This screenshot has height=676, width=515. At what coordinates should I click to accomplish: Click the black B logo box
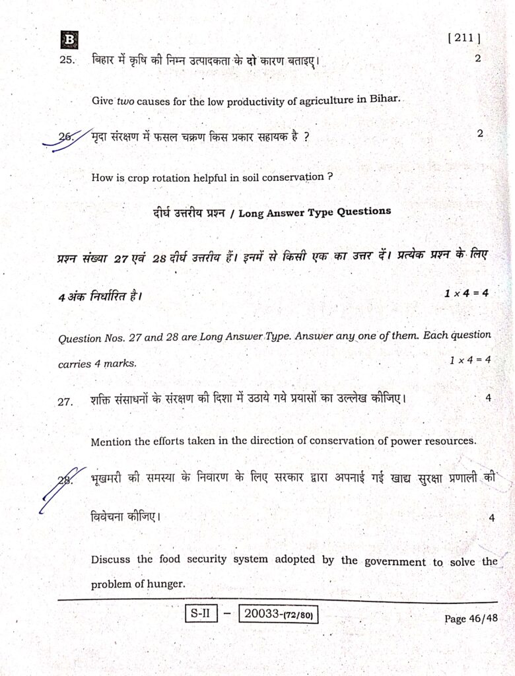[69, 40]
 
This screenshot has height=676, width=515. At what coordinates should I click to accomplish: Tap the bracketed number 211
[464, 38]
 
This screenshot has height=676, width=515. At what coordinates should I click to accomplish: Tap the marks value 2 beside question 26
[480, 133]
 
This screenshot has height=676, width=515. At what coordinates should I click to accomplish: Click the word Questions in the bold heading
[364, 212]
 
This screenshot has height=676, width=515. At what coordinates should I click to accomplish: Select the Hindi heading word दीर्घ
[162, 212]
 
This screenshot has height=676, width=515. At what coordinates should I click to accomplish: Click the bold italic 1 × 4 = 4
[466, 293]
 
